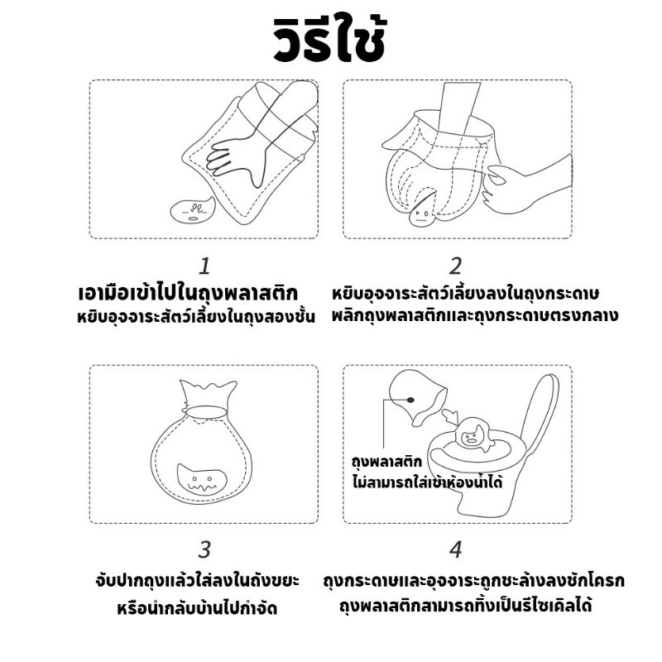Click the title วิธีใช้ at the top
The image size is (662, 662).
point(329,41)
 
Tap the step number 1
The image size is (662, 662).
point(204,266)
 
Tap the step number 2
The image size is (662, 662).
point(456,266)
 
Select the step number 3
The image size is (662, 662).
point(204,549)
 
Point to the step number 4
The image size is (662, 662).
point(456,549)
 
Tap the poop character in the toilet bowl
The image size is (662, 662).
point(472,434)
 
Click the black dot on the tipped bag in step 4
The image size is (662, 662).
point(410,400)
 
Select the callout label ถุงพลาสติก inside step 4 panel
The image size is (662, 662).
point(387,462)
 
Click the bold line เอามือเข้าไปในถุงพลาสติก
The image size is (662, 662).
point(189,293)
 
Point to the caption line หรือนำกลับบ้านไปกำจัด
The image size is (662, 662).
point(197,608)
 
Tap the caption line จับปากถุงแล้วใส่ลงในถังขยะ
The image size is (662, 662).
point(197,580)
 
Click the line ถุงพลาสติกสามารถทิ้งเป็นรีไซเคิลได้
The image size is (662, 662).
point(465,606)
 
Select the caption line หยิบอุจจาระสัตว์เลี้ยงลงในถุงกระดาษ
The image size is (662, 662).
point(465,293)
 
